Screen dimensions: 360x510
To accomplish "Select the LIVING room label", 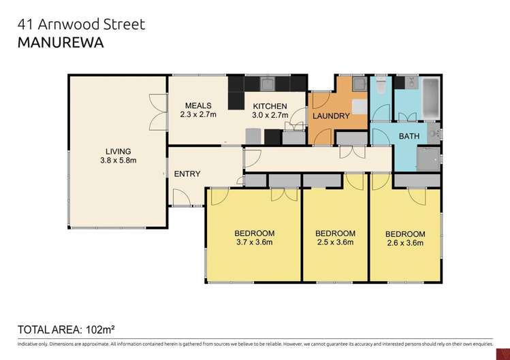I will click(118, 151).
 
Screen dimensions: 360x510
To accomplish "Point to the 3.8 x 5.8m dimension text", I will click(118, 161).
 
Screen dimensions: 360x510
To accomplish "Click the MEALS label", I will click(198, 105).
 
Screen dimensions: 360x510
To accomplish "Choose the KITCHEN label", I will click(270, 106).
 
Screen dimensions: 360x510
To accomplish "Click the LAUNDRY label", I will click(331, 116).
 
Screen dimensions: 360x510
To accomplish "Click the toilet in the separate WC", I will click(381, 85).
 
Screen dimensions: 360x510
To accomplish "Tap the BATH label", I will click(409, 137).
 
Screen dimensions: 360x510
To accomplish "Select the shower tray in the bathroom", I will click(428, 159).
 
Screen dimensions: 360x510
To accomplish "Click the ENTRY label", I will click(187, 174).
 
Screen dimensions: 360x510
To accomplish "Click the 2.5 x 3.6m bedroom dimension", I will click(336, 242).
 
